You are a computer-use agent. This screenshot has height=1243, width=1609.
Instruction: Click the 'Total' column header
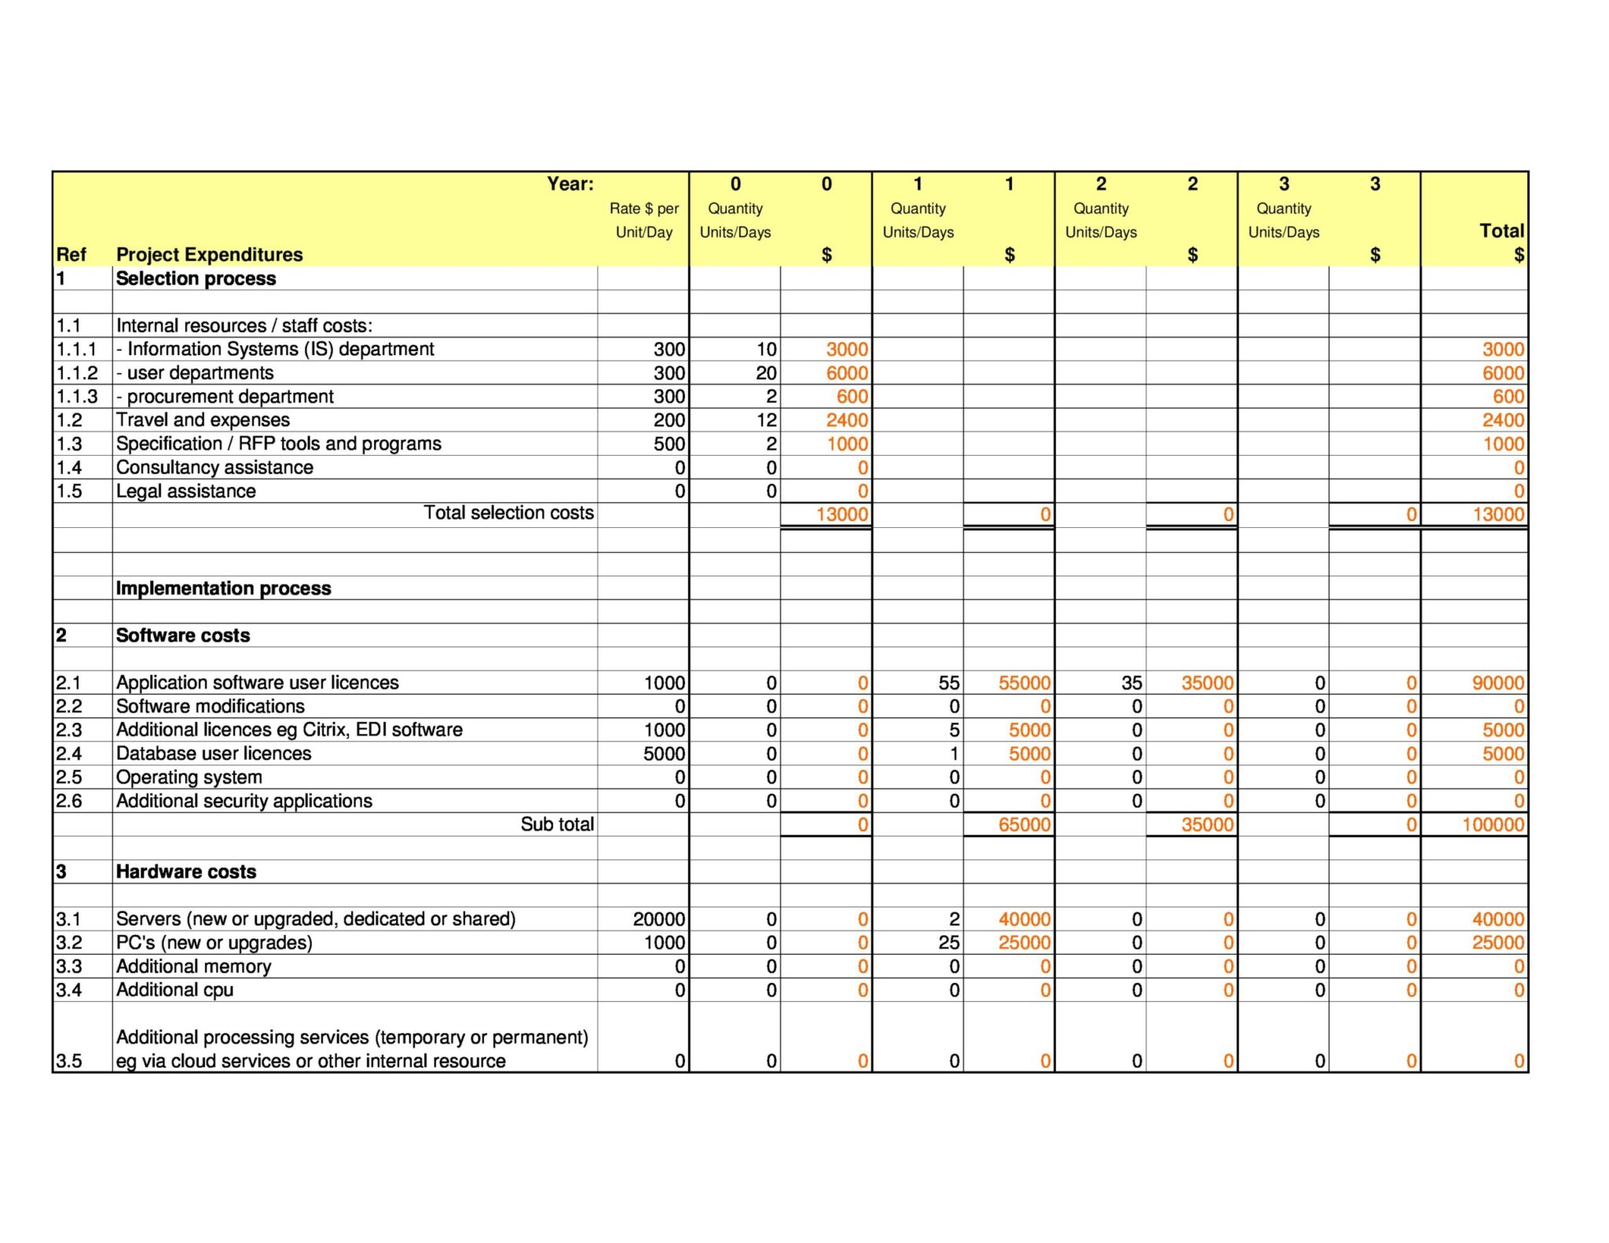[1501, 231]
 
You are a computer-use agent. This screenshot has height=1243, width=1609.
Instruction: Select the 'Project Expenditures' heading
[209, 255]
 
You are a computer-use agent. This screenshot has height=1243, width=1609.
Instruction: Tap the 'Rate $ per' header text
[643, 208]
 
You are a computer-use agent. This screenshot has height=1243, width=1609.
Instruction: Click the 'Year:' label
[570, 184]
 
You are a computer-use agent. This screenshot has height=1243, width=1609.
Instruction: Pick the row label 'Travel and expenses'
[203, 420]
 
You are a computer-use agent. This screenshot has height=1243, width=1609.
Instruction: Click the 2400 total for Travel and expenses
[1502, 420]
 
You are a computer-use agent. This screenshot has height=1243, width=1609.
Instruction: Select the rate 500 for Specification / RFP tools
[669, 444]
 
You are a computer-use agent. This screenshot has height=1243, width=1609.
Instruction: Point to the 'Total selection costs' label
[508, 513]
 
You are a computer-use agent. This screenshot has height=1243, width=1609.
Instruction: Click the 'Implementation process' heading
[223, 588]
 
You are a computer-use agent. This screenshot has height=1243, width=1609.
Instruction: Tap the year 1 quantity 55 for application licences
[948, 683]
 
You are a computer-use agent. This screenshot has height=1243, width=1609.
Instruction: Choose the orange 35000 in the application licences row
[1207, 683]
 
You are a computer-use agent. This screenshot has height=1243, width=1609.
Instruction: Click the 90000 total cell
[1497, 683]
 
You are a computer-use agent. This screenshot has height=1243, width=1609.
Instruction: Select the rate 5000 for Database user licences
[664, 753]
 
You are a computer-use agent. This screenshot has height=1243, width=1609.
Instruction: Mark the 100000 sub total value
[1493, 825]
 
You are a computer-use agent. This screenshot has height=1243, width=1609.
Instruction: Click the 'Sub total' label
[557, 824]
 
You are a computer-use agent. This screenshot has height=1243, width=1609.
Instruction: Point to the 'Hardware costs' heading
[186, 871]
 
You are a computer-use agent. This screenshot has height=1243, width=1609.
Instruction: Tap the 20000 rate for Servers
[658, 919]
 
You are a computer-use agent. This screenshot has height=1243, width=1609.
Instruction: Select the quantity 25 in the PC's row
[948, 943]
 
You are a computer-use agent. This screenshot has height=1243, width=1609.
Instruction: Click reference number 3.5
[69, 1061]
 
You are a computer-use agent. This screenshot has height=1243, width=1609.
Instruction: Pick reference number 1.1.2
[76, 373]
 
